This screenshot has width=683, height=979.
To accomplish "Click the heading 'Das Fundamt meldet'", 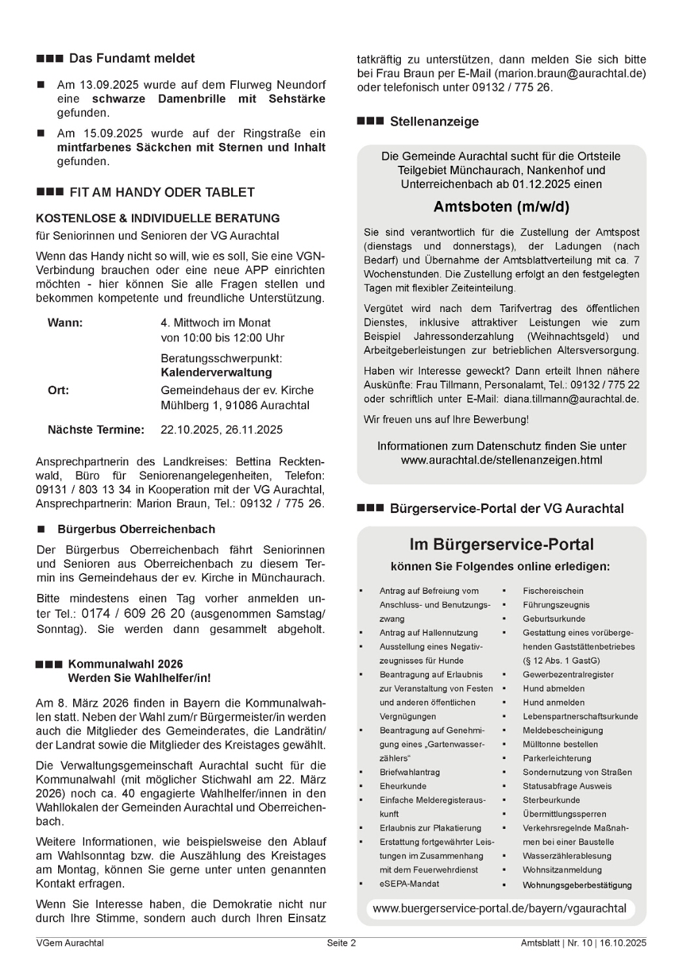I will coord(132,59).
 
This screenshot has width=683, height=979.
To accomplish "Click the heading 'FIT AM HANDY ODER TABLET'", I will coord(162,193).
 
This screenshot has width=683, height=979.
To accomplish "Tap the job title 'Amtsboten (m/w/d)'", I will coord(501,207).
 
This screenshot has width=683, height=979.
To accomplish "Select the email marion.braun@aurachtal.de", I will coord(570,74).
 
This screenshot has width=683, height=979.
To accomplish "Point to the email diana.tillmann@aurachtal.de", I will coord(571,399).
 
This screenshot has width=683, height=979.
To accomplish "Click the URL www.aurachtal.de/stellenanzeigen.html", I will coord(501,460).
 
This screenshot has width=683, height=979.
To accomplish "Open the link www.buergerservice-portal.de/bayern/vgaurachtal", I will coord(500,909).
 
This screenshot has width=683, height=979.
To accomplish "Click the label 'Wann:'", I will coord(65,323).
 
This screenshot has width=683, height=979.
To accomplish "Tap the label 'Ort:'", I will coord(58,391).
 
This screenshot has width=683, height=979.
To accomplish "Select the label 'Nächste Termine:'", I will coord(96,430).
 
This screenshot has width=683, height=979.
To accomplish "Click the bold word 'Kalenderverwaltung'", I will coord(216,373).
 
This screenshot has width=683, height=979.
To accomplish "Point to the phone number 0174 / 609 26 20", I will coord(133,614).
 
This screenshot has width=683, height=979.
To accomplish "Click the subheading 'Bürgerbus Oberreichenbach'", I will coord(136,529).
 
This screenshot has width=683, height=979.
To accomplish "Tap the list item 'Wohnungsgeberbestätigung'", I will coord(577,886).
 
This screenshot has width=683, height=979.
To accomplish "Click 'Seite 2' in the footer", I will coord(341,943).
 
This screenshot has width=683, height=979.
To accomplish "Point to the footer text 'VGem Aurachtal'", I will coord(70,943).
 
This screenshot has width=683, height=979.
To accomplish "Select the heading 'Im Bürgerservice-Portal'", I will coord(501,545).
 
